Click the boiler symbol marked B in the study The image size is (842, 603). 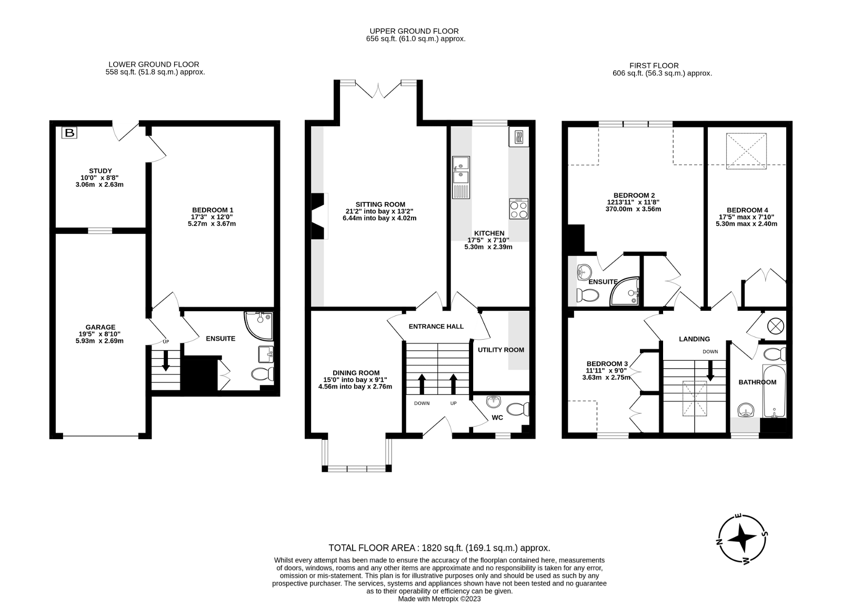(69, 132)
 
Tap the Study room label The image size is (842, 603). (101, 171)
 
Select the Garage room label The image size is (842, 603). (101, 327)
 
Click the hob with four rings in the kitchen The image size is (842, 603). (519, 209)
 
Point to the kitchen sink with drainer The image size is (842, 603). (461, 177)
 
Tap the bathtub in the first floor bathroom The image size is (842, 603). (774, 391)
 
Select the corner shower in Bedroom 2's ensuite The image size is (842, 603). (624, 291)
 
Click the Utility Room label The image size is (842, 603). (500, 350)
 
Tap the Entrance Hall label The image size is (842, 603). (436, 327)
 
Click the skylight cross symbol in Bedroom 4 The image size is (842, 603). (746, 151)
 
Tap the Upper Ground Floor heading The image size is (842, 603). (414, 31)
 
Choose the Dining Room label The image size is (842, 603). (356, 373)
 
